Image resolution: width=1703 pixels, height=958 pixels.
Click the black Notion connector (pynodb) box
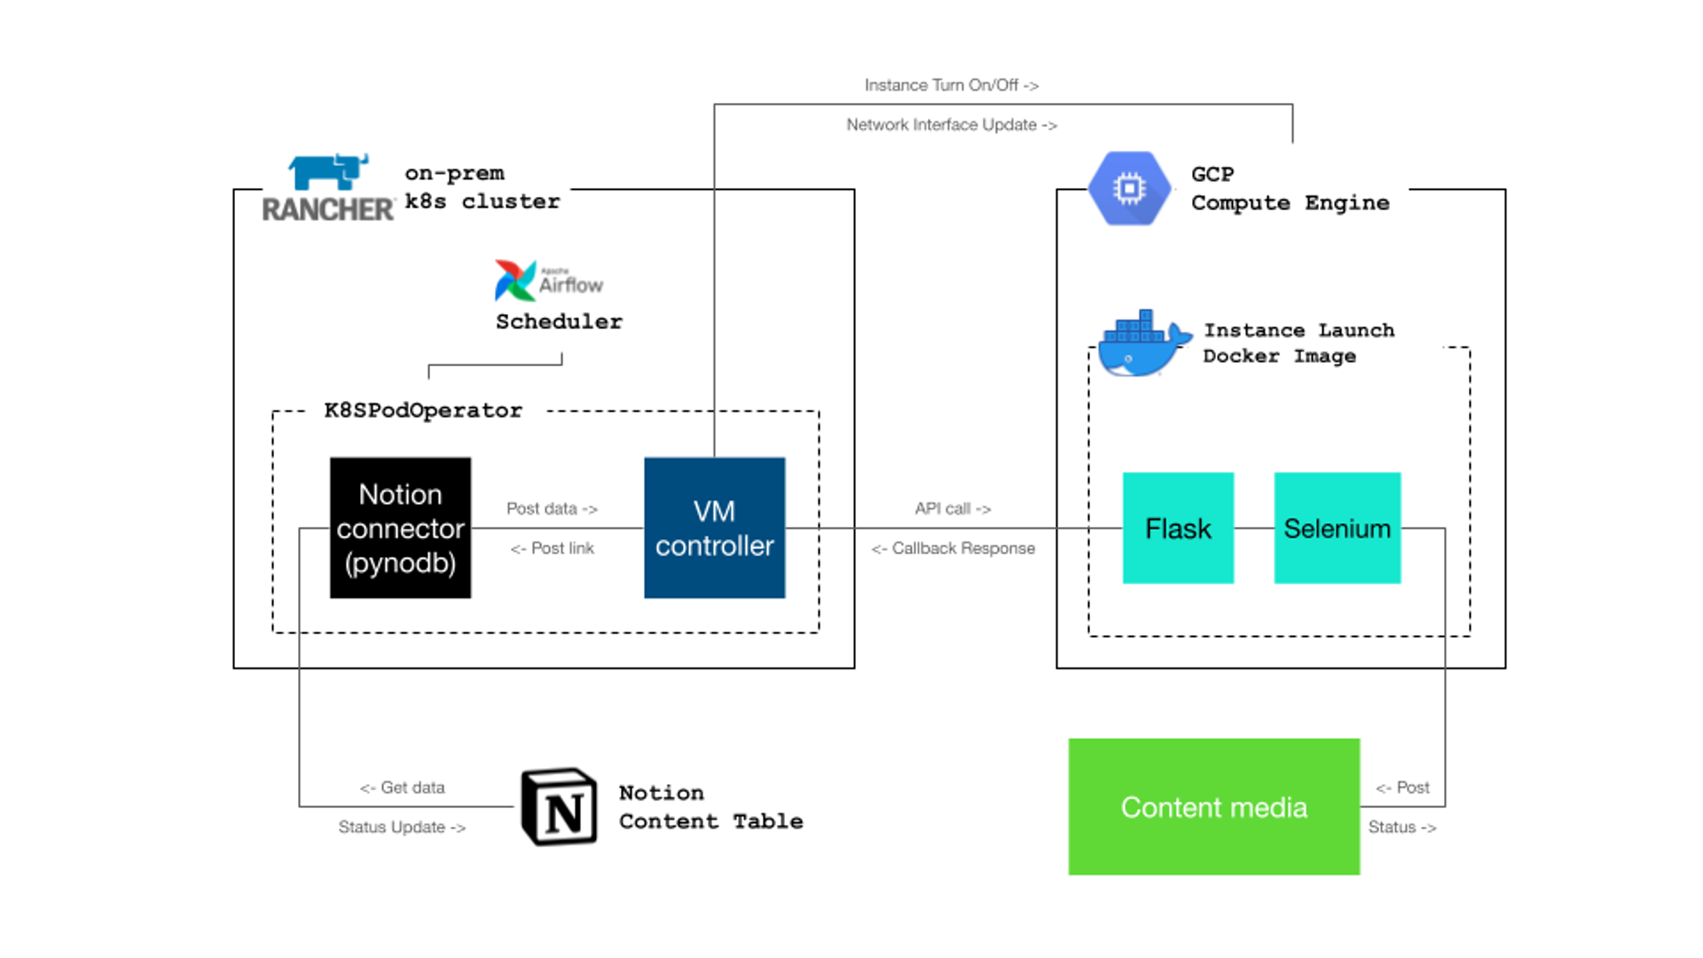400,528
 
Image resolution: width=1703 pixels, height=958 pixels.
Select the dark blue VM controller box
714,528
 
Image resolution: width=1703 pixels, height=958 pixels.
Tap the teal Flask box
1178,528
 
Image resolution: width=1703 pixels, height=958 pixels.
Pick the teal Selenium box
1337,528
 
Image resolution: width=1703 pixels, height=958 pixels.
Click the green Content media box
1213,806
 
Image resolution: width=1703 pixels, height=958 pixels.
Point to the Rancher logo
328,188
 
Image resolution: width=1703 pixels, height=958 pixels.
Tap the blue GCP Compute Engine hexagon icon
1129,188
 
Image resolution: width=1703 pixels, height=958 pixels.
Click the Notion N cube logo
559,806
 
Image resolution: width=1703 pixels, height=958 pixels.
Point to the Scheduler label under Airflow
559,322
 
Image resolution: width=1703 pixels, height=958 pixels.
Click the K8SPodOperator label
423,410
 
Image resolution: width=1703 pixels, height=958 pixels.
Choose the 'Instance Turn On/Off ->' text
951,85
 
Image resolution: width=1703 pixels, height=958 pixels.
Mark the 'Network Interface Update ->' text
951,125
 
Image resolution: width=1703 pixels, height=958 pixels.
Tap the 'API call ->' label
953,508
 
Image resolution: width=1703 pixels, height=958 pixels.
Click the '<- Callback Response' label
953,548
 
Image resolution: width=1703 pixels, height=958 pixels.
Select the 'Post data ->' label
552,508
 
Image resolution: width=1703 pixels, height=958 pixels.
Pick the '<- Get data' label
402,788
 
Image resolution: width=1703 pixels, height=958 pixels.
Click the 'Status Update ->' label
402,827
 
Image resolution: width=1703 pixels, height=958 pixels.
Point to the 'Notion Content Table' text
710,807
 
